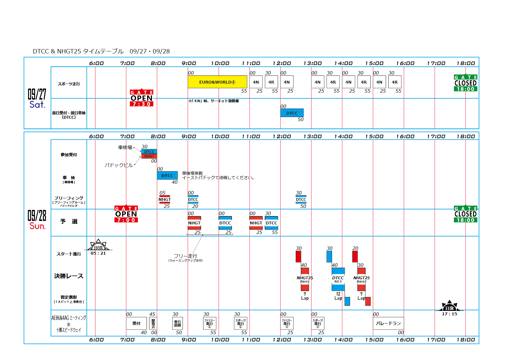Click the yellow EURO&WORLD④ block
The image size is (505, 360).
pyautogui.click(x=217, y=82)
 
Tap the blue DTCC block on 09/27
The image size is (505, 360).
pyautogui.click(x=292, y=113)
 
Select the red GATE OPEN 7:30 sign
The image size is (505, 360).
pyautogui.click(x=142, y=98)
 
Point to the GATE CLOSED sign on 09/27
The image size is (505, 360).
pyautogui.click(x=466, y=83)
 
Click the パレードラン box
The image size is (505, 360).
pyautogui.click(x=388, y=323)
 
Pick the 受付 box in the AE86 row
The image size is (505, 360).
pyautogui.click(x=136, y=323)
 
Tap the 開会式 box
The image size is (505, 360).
pyautogui.click(x=153, y=323)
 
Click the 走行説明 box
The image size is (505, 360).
pyautogui.click(x=177, y=323)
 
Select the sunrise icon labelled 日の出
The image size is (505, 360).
pyautogui.click(x=98, y=246)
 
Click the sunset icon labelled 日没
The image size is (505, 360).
pyautogui.click(x=449, y=307)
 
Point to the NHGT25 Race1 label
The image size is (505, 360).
pyautogui.click(x=305, y=279)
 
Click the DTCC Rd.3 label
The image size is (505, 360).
pyautogui.click(x=338, y=279)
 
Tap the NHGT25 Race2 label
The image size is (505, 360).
pyautogui.click(x=361, y=279)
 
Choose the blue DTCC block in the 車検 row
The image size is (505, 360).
pyautogui.click(x=167, y=175)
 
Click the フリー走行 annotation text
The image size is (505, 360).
pyautogui.click(x=185, y=256)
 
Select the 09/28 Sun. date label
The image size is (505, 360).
pyautogui.click(x=37, y=220)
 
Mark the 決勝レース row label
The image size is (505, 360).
pyautogui.click(x=69, y=276)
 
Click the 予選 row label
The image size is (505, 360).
pyautogui.click(x=69, y=222)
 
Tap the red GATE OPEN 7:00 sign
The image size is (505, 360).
pyautogui.click(x=126, y=214)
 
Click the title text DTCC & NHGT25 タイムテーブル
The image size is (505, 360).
pyautogui.click(x=78, y=51)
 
